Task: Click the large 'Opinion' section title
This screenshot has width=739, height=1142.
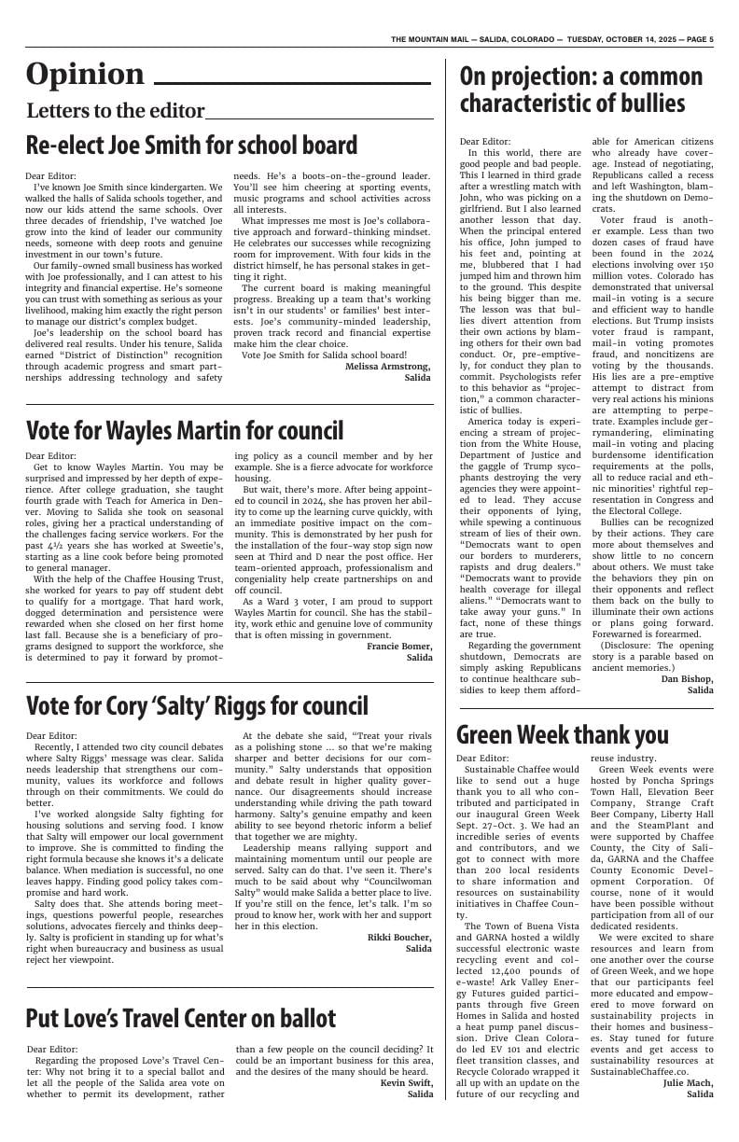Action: [85, 75]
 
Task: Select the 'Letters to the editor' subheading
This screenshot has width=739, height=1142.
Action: [115, 111]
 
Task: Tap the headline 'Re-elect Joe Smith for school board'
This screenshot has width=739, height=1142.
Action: [191, 146]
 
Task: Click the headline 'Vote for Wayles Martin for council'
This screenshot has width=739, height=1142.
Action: [184, 430]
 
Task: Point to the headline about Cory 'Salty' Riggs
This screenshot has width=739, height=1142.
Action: [197, 706]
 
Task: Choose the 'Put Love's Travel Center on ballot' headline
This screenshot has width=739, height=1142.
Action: [181, 1016]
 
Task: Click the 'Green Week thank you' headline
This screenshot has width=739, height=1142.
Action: [563, 734]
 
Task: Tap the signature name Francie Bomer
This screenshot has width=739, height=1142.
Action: [399, 646]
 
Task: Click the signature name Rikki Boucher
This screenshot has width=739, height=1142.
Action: [399, 937]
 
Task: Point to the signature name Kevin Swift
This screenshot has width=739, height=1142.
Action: [406, 1082]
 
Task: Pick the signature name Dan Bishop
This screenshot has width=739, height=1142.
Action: [687, 678]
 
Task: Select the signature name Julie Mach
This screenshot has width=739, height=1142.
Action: [688, 1082]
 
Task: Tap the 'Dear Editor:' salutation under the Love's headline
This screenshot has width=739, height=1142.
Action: [52, 1049]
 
